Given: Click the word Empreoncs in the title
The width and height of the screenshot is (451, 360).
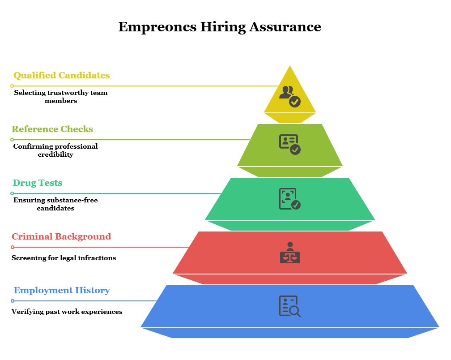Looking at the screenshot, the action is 157,27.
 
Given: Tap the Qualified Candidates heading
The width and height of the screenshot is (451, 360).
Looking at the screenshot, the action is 62,75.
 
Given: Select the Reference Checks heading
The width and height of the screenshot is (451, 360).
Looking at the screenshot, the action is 52,129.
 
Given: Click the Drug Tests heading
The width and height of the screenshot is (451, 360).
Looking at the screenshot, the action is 38,183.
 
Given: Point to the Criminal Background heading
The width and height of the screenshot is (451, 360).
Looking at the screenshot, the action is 61,236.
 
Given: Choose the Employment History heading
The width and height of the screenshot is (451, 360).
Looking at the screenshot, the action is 62,290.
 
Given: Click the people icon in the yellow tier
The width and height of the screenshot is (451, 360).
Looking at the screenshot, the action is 290,96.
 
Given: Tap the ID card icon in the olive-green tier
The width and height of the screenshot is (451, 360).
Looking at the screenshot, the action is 290,145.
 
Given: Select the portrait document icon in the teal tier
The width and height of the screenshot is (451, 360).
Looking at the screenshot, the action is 290,199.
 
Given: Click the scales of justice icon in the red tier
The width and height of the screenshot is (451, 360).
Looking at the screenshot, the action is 290,253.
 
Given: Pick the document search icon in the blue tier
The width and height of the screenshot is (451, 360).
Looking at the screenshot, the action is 290,306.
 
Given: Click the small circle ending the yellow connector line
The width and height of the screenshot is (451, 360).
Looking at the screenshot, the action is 12,86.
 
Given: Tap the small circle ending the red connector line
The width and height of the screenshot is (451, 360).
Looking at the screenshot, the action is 13,247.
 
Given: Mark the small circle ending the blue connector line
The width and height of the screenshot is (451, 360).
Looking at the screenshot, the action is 13,301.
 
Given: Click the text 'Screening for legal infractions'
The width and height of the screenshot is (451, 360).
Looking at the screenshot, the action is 64,258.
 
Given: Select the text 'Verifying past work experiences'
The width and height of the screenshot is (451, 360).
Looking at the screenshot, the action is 67,312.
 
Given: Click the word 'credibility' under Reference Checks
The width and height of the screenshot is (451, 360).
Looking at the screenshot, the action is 55,155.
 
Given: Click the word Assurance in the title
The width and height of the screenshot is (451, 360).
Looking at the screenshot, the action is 285,27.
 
